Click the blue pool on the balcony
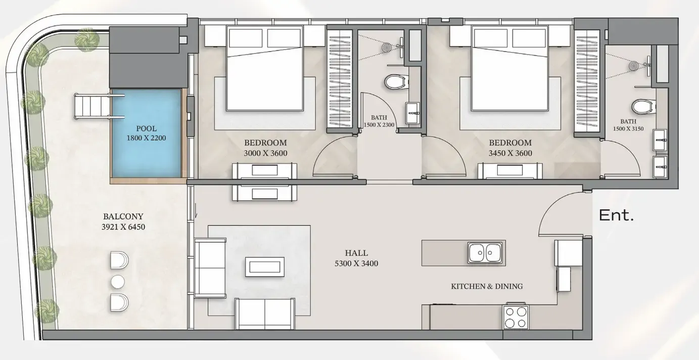click(x=147, y=133)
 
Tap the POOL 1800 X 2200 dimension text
click(x=147, y=133)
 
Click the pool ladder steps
click(x=92, y=107)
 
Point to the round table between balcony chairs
click(x=118, y=282)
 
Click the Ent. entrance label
click(x=616, y=215)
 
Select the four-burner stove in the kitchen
click(x=516, y=317)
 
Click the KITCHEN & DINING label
click(x=487, y=286)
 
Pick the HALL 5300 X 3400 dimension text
click(x=356, y=258)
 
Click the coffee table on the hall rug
click(x=265, y=267)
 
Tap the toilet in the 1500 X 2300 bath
click(x=396, y=82)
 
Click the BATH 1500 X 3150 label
click(x=628, y=125)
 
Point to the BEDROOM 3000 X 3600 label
click(x=265, y=148)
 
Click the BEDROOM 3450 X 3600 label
click(x=510, y=148)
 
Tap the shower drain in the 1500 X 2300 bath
click(x=387, y=47)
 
